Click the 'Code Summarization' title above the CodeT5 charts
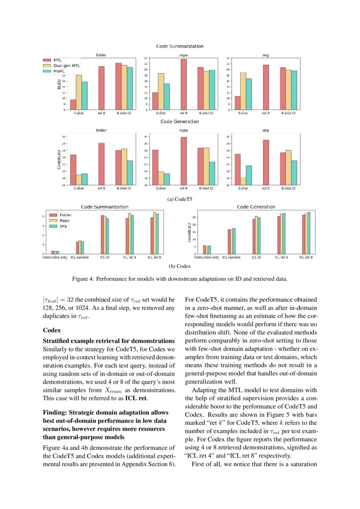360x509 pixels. (x=180, y=46)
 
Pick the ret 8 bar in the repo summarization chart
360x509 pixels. (x=183, y=84)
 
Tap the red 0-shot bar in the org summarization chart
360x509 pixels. (x=237, y=103)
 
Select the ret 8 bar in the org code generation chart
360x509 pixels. (x=266, y=162)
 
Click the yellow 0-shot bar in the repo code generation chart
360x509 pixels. (x=161, y=178)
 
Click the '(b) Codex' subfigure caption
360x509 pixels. (x=180, y=266)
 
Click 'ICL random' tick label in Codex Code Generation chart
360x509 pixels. (x=231, y=258)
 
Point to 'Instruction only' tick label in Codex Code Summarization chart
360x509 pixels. (x=55, y=258)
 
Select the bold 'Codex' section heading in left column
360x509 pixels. (x=51, y=330)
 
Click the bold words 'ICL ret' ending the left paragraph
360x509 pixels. (x=137, y=398)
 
